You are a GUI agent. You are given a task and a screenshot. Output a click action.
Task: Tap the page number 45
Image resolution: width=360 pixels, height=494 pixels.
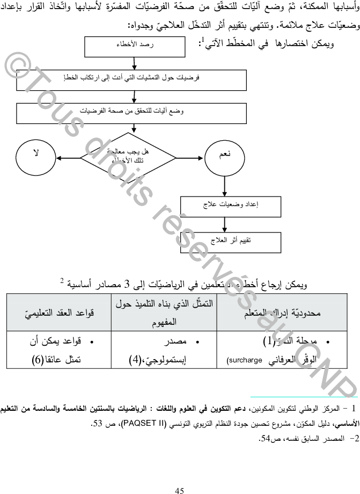tap(180, 474)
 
